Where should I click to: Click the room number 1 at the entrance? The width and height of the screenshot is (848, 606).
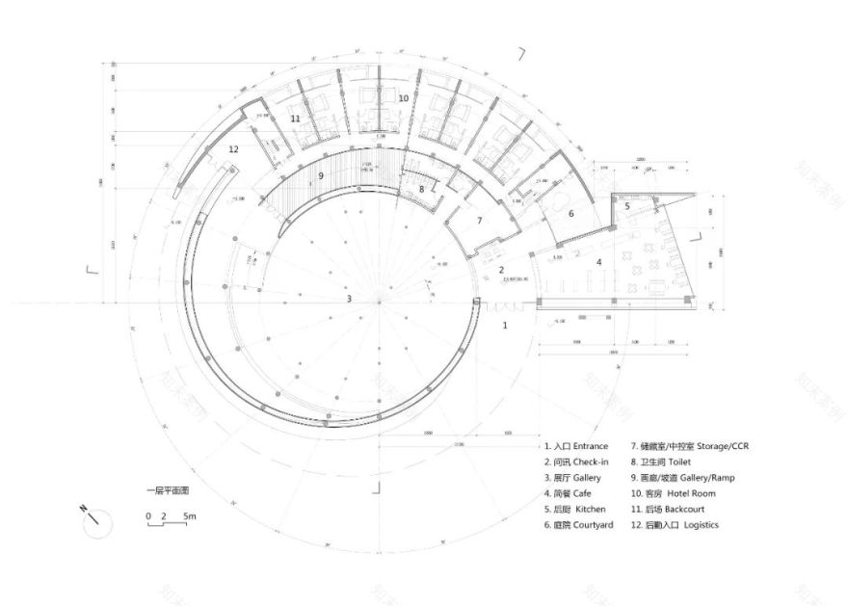point(505,326)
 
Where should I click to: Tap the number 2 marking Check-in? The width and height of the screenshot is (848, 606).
point(501,270)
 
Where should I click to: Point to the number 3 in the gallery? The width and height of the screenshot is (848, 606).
point(350,299)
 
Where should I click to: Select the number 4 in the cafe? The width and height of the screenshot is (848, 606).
point(598,261)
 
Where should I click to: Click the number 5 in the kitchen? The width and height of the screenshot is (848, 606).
point(627,205)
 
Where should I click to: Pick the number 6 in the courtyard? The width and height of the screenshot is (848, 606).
point(570,214)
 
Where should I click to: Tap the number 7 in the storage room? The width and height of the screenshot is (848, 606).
point(480,221)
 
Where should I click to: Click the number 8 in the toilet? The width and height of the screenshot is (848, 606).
point(421,190)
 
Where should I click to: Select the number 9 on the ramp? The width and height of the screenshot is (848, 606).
point(321,176)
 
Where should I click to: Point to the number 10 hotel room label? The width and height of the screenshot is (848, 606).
point(404,98)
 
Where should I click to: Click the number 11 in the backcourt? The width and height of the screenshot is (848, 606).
point(295,119)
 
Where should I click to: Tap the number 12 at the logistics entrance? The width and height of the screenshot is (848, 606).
point(233,149)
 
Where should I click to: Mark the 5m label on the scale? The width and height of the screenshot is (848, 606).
point(191,517)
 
